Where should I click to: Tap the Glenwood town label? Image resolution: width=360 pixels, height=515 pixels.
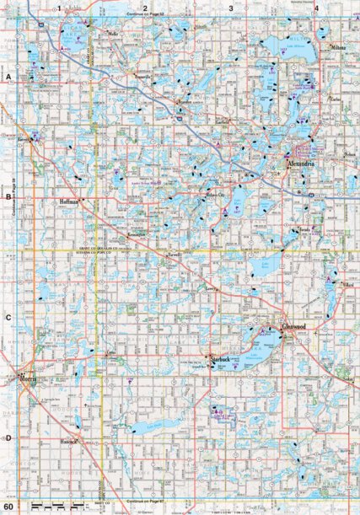pos(294,327)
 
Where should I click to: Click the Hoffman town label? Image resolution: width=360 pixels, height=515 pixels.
pos(70,202)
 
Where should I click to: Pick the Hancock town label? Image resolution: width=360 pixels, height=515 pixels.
pos(68,441)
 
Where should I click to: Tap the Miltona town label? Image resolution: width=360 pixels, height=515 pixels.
pos(339,49)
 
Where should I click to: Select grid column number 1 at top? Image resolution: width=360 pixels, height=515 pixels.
pos(61,8)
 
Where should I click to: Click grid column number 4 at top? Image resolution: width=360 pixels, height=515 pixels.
pos(315,8)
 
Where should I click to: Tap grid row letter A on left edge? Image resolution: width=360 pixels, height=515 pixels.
pos(8,77)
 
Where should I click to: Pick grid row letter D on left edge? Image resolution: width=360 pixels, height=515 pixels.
pos(8,438)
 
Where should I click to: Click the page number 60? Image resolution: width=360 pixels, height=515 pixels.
pos(8,506)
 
